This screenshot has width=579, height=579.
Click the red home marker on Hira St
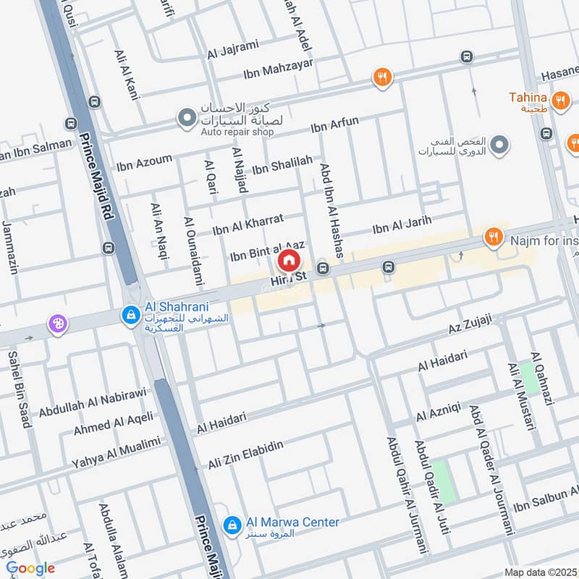pos(288,260)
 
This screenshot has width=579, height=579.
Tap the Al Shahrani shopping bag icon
pos(131,315)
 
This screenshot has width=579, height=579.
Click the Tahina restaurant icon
pos(559,101)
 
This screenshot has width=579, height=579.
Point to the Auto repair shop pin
pos(187,117)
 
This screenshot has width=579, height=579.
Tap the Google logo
pos(30,569)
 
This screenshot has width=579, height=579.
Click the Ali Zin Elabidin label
pos(245,455)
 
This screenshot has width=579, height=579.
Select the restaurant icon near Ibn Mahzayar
pos(382,77)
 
